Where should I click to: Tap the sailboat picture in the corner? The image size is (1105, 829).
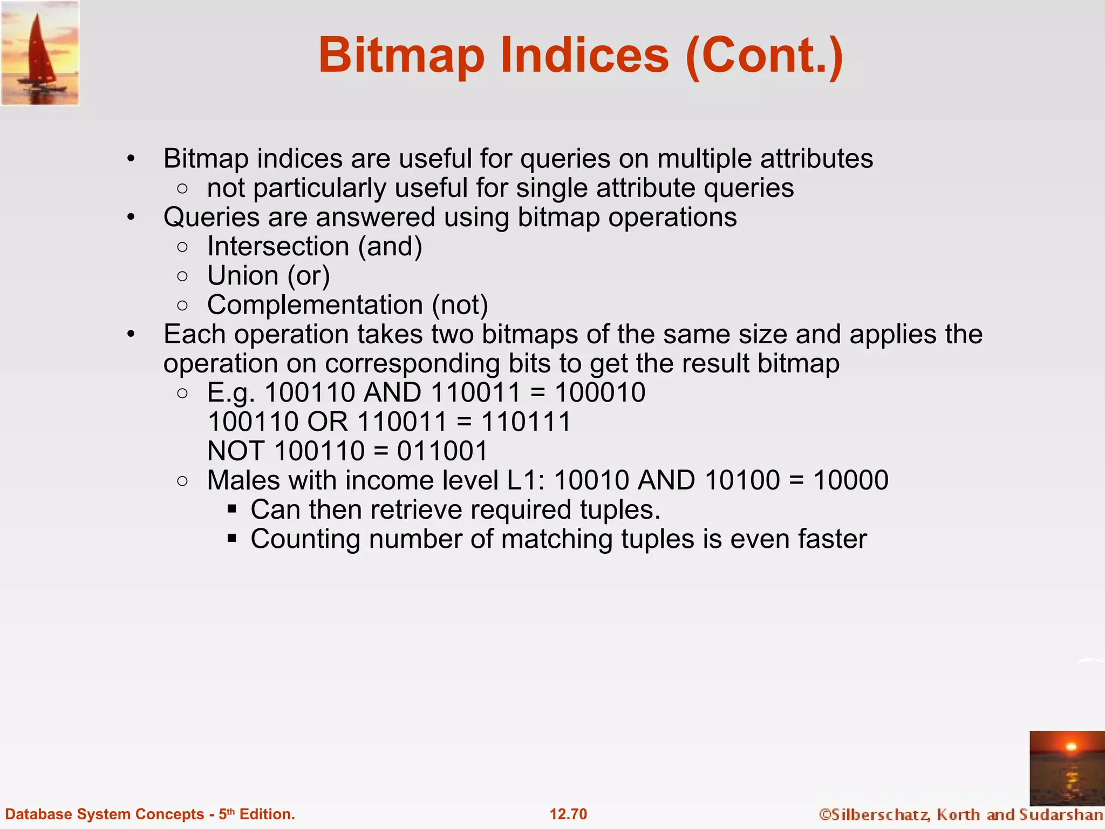point(40,53)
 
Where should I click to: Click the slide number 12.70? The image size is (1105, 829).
point(568,814)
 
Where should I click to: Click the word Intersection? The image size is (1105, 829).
point(278,247)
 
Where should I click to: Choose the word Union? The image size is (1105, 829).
point(243,276)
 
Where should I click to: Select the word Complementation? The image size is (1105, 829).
point(315,305)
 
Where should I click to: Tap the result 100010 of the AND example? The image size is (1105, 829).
point(600,392)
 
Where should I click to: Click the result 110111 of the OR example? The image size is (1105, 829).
point(526,422)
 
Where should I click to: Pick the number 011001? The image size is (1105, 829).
point(442,451)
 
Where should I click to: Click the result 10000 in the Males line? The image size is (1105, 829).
point(850,480)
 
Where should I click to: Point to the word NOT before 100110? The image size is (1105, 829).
point(236,451)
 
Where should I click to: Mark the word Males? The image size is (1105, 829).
point(243,480)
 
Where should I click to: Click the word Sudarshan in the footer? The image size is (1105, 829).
point(1060,814)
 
